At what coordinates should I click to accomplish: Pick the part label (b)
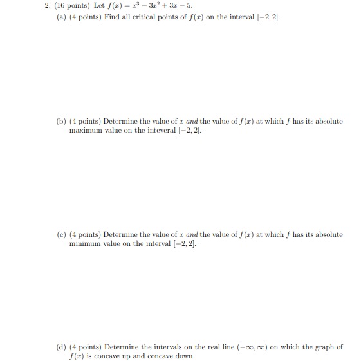[61, 121]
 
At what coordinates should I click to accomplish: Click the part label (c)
[61, 234]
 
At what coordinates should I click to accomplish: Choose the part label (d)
[61, 347]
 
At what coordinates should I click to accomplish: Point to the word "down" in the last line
[183, 356]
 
